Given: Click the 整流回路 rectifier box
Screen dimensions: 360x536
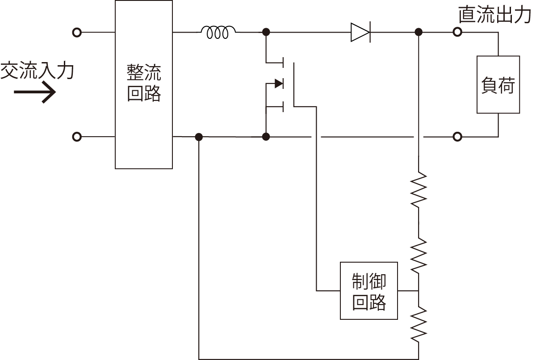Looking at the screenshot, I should click(x=144, y=84).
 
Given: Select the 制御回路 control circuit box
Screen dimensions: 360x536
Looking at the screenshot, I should click(x=368, y=291).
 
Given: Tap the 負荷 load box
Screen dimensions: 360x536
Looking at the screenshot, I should click(x=498, y=84).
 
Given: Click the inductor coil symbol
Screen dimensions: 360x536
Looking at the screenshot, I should click(x=218, y=32).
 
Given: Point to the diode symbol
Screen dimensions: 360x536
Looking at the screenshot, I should click(x=360, y=32).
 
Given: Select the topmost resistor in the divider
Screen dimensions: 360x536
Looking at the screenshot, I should click(x=419, y=190).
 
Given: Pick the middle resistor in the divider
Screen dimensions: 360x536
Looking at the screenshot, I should click(x=419, y=256).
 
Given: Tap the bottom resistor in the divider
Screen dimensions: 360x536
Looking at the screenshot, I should click(x=419, y=323).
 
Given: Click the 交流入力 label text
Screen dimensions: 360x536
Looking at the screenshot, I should click(x=37, y=71).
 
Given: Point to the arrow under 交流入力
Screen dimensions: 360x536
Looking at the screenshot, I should click(x=35, y=93).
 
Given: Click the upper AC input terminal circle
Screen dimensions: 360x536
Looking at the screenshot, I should click(x=77, y=32).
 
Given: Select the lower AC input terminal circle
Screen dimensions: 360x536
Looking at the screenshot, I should click(x=77, y=136).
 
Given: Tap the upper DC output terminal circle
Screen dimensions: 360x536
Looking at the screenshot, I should click(x=457, y=32).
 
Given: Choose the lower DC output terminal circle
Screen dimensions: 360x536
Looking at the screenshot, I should click(x=457, y=136).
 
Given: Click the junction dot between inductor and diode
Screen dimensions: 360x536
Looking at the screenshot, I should click(x=266, y=32).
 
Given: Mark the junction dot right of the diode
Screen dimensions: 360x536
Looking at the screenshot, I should click(x=419, y=32).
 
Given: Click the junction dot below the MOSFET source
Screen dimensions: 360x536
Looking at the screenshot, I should click(x=266, y=136).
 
